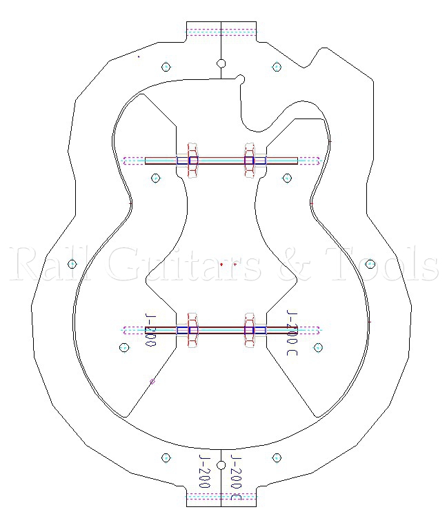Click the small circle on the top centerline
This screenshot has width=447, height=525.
221,64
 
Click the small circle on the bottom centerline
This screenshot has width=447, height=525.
221,465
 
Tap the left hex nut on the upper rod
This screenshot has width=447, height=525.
192,161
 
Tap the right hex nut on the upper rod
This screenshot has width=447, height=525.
250,161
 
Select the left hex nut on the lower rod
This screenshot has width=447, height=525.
192,330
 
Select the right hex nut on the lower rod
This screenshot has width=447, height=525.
250,330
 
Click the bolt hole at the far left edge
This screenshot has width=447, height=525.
72,264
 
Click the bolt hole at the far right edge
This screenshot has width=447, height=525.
370,264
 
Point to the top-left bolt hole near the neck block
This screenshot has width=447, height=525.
166,67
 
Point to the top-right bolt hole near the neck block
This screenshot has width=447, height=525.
277,67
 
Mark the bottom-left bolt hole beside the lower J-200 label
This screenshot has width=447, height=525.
166,457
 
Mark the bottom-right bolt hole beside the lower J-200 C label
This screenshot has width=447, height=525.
277,457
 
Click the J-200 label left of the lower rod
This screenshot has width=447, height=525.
150,330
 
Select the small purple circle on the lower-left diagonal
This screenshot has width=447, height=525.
152,380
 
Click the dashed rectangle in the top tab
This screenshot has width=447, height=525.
221,31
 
